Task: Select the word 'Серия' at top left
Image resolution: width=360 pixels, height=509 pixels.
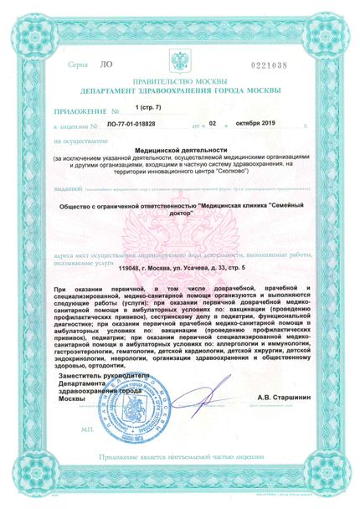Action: (x=77, y=64)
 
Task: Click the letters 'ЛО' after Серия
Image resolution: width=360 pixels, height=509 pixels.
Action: (x=105, y=64)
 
